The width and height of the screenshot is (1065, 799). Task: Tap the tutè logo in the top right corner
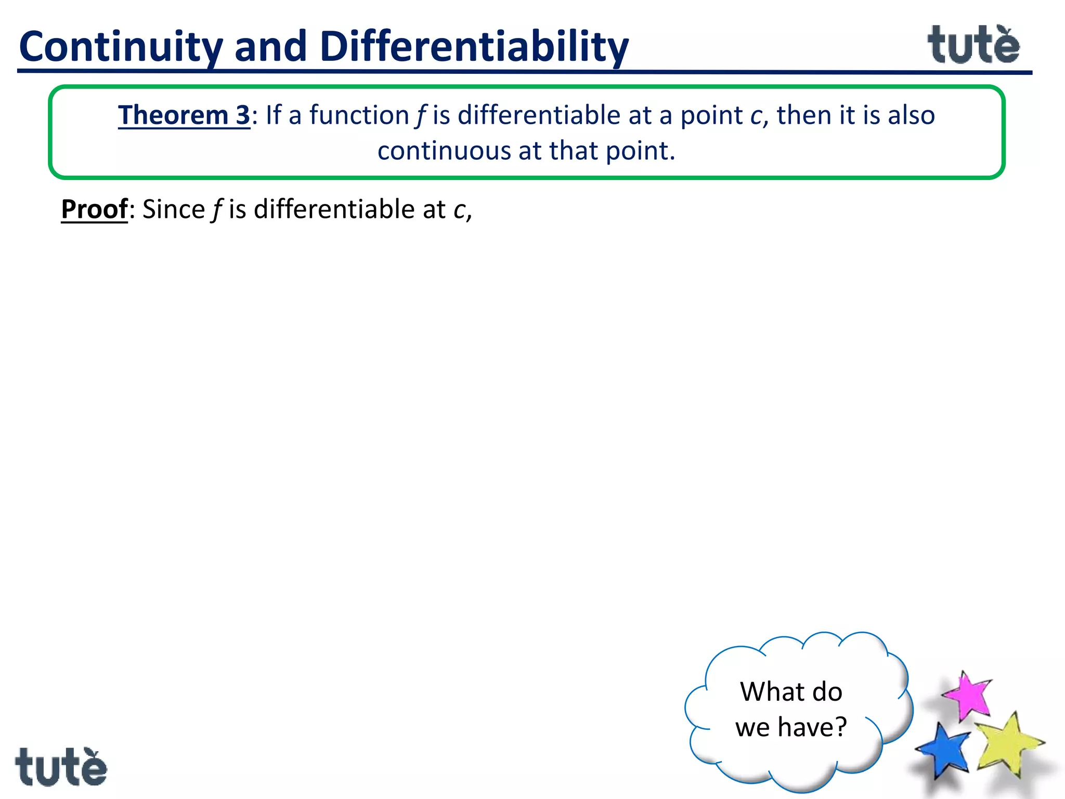pyautogui.click(x=973, y=45)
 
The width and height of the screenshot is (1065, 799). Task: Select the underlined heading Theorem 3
pyautogui.click(x=184, y=115)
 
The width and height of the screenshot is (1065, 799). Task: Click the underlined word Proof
pyautogui.click(x=95, y=210)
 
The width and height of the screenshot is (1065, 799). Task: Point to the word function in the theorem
pyautogui.click(x=359, y=115)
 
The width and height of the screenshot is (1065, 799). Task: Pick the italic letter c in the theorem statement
pyautogui.click(x=756, y=116)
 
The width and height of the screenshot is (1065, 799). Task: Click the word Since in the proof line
pyautogui.click(x=174, y=210)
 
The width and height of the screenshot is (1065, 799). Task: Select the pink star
pyautogui.click(x=967, y=696)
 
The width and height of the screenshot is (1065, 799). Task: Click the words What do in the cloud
pyautogui.click(x=791, y=692)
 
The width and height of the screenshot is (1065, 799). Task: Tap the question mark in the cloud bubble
pyautogui.click(x=840, y=727)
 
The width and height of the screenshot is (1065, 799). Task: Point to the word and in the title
pyautogui.click(x=270, y=47)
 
